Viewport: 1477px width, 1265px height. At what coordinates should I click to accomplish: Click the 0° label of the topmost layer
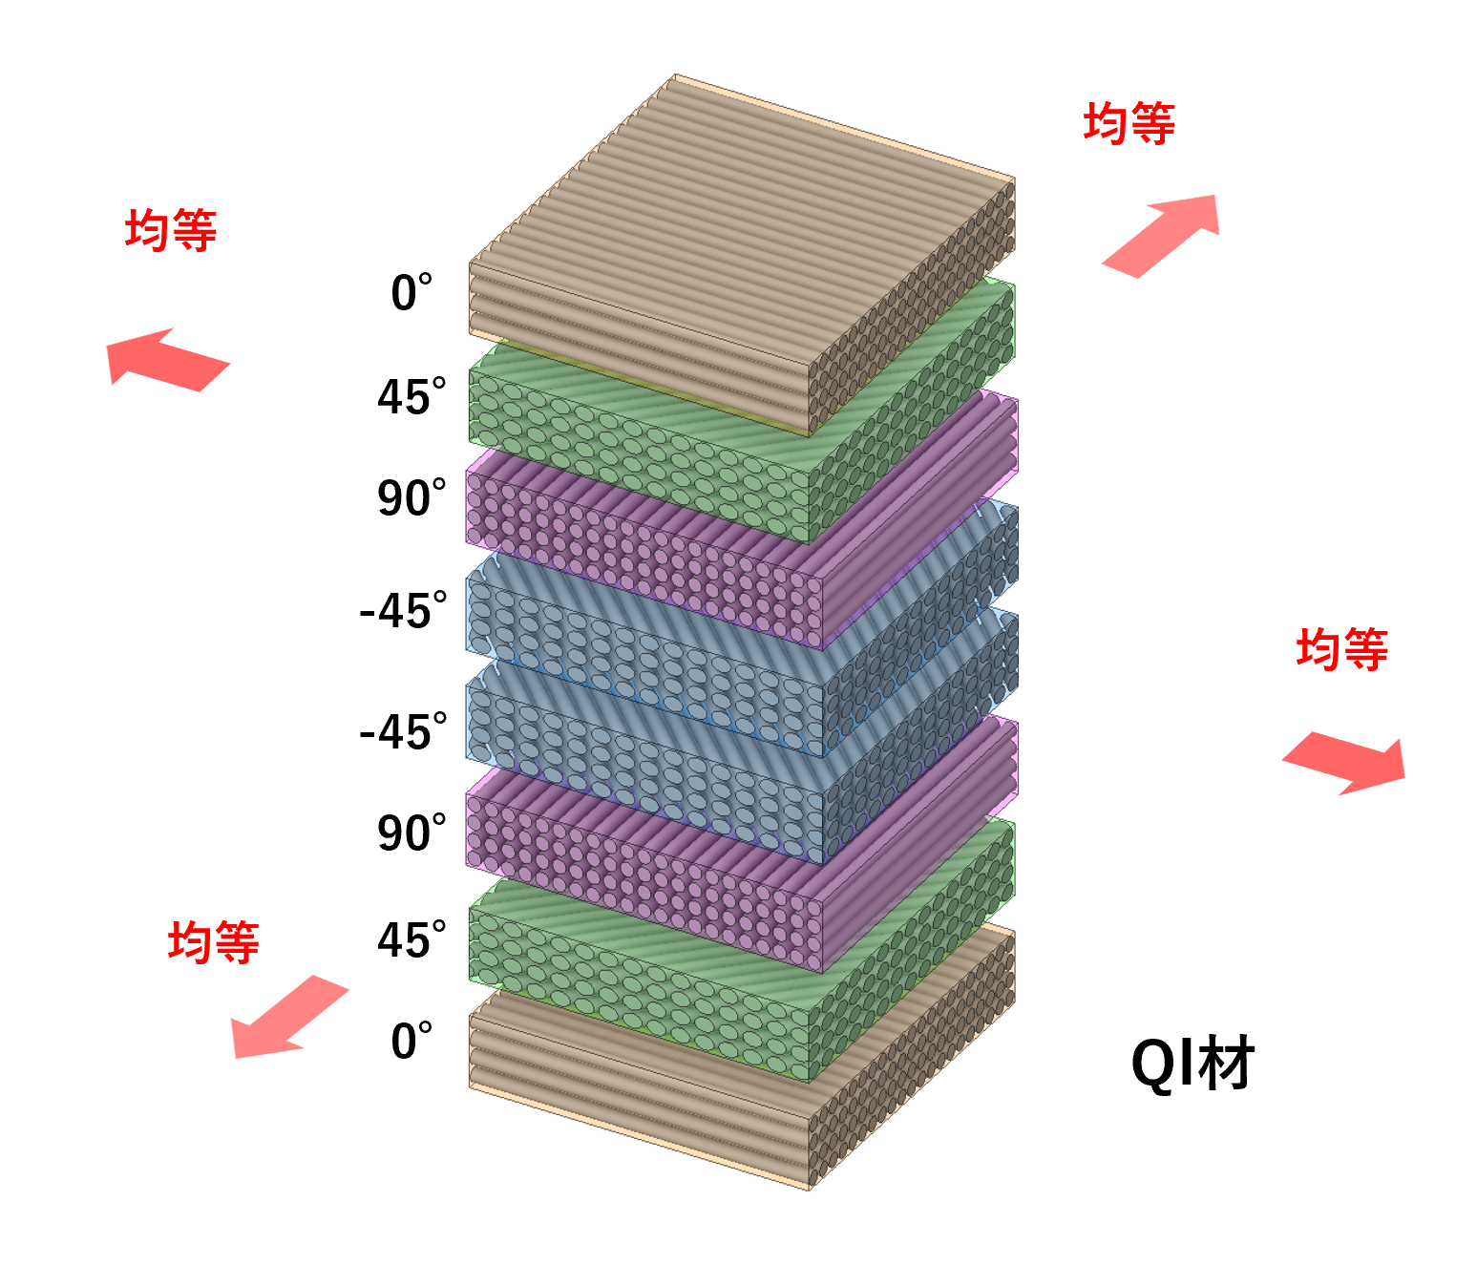411,291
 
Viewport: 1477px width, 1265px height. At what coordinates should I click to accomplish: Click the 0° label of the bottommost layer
411,1040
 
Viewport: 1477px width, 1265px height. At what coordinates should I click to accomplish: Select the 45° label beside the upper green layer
411,395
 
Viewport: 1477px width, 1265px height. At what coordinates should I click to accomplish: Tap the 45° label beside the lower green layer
411,938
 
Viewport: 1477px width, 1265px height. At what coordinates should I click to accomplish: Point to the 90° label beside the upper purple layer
411,496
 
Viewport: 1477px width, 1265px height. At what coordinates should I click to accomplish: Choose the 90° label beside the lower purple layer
411,832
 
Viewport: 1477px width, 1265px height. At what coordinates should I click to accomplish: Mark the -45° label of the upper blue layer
403,610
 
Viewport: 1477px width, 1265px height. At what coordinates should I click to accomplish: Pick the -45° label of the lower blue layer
403,730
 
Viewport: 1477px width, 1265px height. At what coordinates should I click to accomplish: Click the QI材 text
1192,1064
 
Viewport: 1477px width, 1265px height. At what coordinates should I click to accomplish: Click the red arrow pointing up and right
1160,236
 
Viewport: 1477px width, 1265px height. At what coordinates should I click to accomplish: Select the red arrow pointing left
168,360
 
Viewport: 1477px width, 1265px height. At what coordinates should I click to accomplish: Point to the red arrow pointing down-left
290,1016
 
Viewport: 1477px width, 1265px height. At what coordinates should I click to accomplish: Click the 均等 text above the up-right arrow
1129,123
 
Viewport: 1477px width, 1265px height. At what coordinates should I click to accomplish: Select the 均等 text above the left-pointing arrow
171,229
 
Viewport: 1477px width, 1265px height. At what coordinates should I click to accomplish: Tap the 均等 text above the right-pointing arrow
1342,648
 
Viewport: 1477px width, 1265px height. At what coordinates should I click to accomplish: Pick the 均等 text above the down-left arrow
213,941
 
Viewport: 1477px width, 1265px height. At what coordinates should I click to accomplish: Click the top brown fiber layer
742,255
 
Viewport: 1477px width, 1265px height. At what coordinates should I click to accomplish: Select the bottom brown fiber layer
742,1058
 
